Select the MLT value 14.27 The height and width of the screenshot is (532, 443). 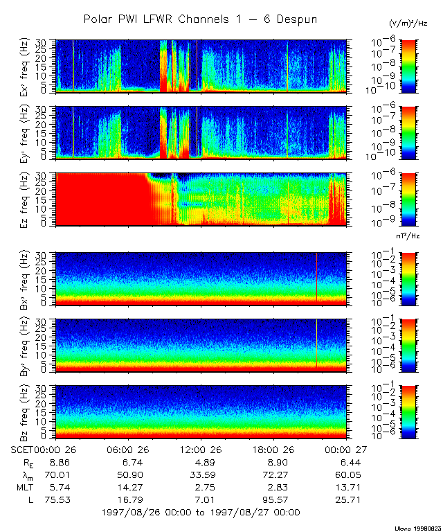click(129, 487)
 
